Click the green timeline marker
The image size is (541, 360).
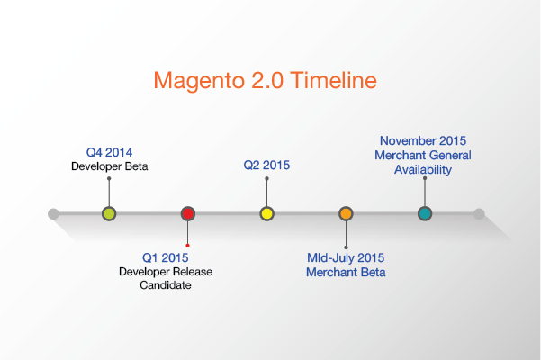(x=109, y=214)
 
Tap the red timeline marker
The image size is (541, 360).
(x=188, y=214)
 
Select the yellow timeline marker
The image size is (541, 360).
(x=266, y=214)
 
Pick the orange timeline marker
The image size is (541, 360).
(x=346, y=214)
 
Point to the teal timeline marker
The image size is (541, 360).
(x=425, y=214)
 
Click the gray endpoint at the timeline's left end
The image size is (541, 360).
(x=53, y=214)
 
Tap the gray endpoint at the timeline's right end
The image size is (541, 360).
(x=479, y=214)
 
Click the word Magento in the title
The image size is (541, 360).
(x=199, y=81)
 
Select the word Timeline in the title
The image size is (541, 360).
(x=334, y=80)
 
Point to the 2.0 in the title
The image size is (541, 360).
(x=267, y=80)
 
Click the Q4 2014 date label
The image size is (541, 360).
(x=110, y=152)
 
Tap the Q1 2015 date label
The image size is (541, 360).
(x=166, y=257)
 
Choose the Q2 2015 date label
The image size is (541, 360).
(x=266, y=166)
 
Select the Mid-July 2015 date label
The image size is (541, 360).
(x=346, y=258)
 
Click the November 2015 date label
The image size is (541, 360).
(x=423, y=140)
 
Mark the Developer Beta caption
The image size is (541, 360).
(x=110, y=166)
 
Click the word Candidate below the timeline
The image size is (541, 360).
(x=166, y=285)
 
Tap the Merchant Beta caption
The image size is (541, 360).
(x=346, y=272)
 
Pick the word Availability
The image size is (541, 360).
(x=423, y=170)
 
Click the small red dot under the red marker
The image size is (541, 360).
(x=188, y=246)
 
